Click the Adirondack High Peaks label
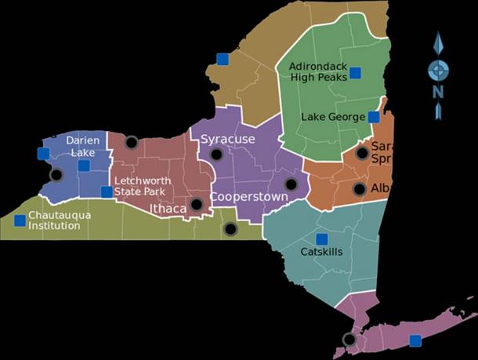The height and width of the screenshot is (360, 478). point(317,71)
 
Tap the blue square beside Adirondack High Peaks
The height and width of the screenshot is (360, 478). point(355,73)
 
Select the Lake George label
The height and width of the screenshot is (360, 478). point(333,118)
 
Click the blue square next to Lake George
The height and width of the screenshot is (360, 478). point(374,118)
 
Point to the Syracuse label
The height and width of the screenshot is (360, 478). point(228,139)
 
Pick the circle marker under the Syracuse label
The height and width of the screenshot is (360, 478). point(216,155)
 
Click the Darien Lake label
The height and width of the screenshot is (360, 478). point(82,146)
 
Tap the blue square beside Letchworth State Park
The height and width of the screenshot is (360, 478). point(107,191)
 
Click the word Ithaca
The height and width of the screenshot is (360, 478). point(168,209)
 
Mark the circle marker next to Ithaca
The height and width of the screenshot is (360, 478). point(197,205)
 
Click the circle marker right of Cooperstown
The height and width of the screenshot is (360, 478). point(292,184)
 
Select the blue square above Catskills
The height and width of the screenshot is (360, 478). point(321,238)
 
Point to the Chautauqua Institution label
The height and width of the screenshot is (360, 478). point(54,220)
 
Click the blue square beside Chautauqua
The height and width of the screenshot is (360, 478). point(20,220)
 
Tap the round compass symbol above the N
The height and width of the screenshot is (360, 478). point(438,69)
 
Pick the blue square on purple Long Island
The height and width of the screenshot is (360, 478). point(415,340)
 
